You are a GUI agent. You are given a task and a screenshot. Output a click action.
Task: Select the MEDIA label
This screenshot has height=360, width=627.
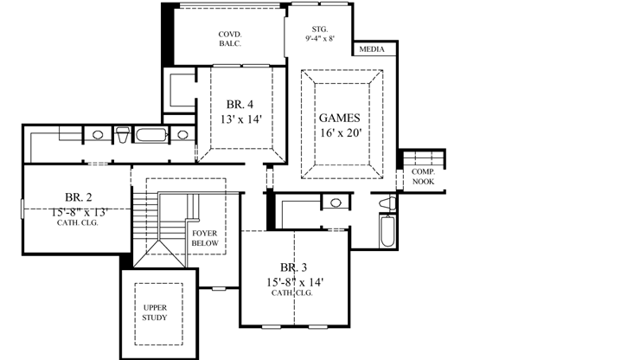pyautogui.click(x=372, y=51)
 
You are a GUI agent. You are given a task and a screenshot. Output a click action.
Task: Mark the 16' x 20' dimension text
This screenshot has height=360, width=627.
pyautogui.click(x=339, y=133)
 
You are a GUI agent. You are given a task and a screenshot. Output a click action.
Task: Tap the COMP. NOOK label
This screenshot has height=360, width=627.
pyautogui.click(x=423, y=177)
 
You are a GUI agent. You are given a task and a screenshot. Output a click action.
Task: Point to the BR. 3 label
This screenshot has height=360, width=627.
pyautogui.click(x=295, y=267)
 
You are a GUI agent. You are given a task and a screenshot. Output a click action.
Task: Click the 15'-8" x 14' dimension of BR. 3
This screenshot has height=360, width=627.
pyautogui.click(x=295, y=281)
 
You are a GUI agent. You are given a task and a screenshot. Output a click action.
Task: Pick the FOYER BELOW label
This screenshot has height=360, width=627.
pyautogui.click(x=205, y=238)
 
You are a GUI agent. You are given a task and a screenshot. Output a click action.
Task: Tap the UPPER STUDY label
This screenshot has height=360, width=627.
pyautogui.click(x=156, y=312)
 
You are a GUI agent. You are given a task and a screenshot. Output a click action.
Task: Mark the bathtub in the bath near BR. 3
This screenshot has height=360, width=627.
pyautogui.click(x=385, y=232)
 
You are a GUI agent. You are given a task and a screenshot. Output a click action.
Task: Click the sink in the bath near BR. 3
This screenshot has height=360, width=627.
pyautogui.click(x=335, y=202)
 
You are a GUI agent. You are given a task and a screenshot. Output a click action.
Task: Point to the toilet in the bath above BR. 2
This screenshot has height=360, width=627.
pyautogui.click(x=123, y=135)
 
